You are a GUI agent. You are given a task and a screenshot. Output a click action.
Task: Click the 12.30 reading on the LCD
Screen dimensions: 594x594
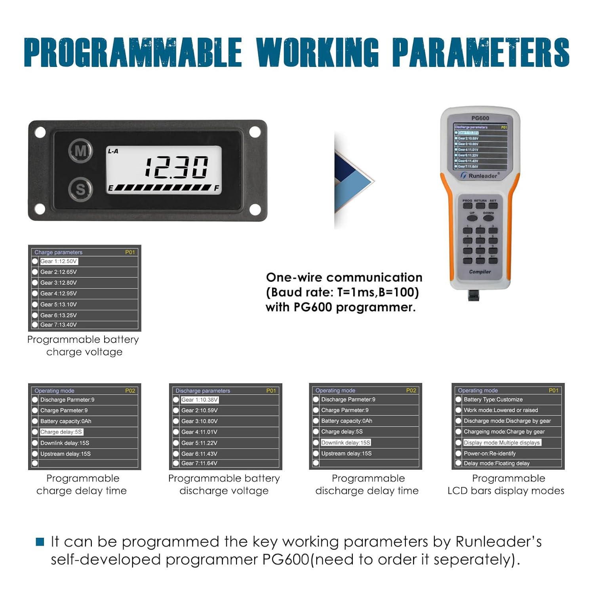[176, 167]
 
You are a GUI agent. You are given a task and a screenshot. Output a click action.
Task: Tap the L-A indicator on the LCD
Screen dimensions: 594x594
[113, 151]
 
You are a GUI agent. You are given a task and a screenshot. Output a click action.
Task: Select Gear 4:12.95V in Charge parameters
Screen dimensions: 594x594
[59, 293]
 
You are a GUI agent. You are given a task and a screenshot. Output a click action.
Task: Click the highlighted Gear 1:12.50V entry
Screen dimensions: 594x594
[59, 261]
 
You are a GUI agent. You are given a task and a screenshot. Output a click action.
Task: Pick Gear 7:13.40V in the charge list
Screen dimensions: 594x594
[59, 325]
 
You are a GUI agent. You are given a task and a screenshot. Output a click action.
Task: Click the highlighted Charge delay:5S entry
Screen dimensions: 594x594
[61, 432]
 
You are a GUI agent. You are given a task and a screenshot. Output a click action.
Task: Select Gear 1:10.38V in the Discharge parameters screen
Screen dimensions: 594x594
[200, 400]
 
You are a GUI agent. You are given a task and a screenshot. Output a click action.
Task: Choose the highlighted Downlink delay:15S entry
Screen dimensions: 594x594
[346, 443]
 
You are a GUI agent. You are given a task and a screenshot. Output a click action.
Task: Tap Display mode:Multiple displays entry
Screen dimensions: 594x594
[502, 443]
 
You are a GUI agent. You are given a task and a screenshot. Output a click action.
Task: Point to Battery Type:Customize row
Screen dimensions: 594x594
[493, 400]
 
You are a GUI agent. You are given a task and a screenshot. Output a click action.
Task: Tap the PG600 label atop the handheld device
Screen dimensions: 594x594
[480, 118]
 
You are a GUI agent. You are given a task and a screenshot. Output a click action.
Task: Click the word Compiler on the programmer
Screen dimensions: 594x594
[480, 272]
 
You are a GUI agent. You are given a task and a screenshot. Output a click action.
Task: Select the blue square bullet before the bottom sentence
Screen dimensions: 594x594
[40, 542]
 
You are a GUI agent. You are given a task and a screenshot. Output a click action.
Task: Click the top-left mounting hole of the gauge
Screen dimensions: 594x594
[40, 132]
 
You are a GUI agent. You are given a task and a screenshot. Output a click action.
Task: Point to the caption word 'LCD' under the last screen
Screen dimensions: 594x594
[457, 491]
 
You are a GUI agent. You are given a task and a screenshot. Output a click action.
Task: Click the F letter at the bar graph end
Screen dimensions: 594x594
[217, 188]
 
